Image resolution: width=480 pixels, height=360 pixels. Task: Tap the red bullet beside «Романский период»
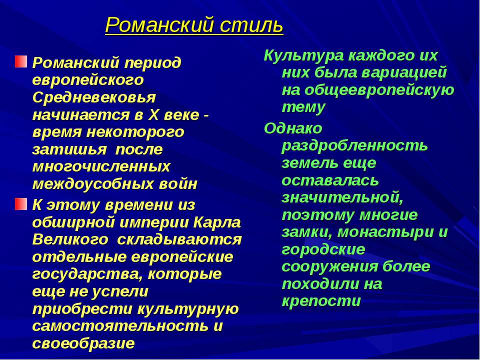point(20,62)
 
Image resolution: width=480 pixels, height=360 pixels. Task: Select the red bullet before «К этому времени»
point(20,203)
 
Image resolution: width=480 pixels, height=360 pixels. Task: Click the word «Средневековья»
point(94,97)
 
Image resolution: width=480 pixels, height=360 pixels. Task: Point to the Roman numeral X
point(154,114)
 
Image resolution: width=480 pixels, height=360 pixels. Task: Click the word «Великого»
point(70,239)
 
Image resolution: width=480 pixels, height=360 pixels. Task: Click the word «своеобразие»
point(83,343)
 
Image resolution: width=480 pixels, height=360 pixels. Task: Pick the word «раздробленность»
point(354,145)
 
